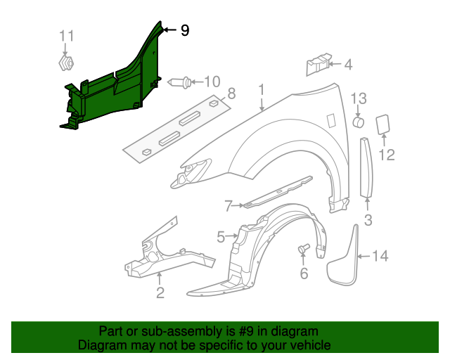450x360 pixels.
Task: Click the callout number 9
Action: click(x=184, y=30)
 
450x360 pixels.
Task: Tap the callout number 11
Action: click(x=65, y=36)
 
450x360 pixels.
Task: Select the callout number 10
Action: click(x=212, y=82)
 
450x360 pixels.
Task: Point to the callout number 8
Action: click(x=231, y=93)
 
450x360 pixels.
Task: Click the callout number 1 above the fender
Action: click(x=261, y=90)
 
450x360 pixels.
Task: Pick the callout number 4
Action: click(x=348, y=65)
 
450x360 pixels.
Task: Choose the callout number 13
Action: click(x=359, y=98)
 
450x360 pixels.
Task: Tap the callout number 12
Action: click(x=387, y=153)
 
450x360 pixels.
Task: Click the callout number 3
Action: click(x=368, y=221)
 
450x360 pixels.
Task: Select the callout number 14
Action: click(x=380, y=256)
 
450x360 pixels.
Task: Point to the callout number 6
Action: click(x=304, y=274)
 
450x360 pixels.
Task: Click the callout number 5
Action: click(x=221, y=238)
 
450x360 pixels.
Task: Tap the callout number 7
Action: click(x=229, y=206)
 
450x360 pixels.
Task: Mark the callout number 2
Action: click(x=160, y=293)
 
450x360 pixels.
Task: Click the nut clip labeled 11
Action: click(x=65, y=64)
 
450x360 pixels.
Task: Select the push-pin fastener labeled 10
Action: click(x=181, y=82)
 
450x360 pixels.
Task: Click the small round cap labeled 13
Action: click(x=359, y=123)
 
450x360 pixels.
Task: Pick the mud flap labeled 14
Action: click(x=345, y=259)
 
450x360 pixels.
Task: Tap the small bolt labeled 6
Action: click(x=304, y=249)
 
